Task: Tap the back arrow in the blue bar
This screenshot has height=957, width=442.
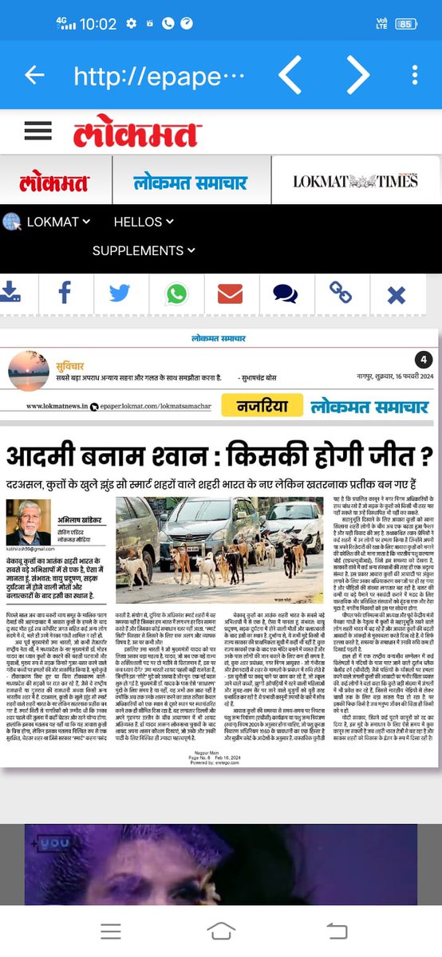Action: pos(34,75)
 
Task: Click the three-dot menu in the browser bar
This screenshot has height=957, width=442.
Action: pos(415,75)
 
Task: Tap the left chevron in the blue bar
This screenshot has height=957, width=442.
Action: pos(290,75)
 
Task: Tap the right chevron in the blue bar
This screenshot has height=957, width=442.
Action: pos(358,75)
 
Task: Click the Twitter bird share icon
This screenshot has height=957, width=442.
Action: pos(120,293)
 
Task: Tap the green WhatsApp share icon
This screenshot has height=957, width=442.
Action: pos(176,293)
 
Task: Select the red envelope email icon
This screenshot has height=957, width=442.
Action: pos(230,293)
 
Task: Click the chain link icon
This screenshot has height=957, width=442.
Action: pos(341,293)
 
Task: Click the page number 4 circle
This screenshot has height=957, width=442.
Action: pos(424,360)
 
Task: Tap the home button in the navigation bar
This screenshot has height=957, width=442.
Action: pos(221,931)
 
